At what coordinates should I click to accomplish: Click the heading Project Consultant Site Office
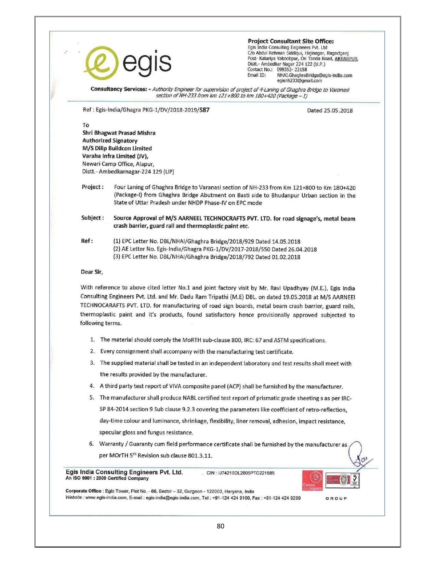(291, 41)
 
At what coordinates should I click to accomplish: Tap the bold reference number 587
(204, 110)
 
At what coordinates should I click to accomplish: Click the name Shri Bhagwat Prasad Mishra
(119, 133)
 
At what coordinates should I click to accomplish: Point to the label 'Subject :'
(92, 218)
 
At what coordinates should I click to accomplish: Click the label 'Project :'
(92, 187)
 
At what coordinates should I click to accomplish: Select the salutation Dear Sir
(92, 272)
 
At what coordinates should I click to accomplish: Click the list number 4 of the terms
(92, 386)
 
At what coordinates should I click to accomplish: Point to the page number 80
(221, 526)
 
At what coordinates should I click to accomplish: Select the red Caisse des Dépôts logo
(312, 481)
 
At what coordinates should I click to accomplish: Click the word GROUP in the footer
(336, 498)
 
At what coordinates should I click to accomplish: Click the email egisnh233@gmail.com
(300, 81)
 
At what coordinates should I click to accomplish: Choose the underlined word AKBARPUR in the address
(346, 59)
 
